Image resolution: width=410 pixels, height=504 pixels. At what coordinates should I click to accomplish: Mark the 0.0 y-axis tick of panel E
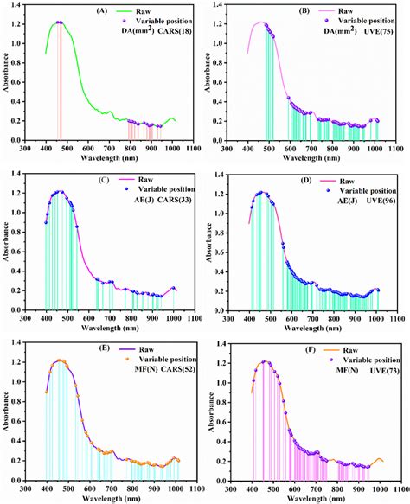[22, 480]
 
